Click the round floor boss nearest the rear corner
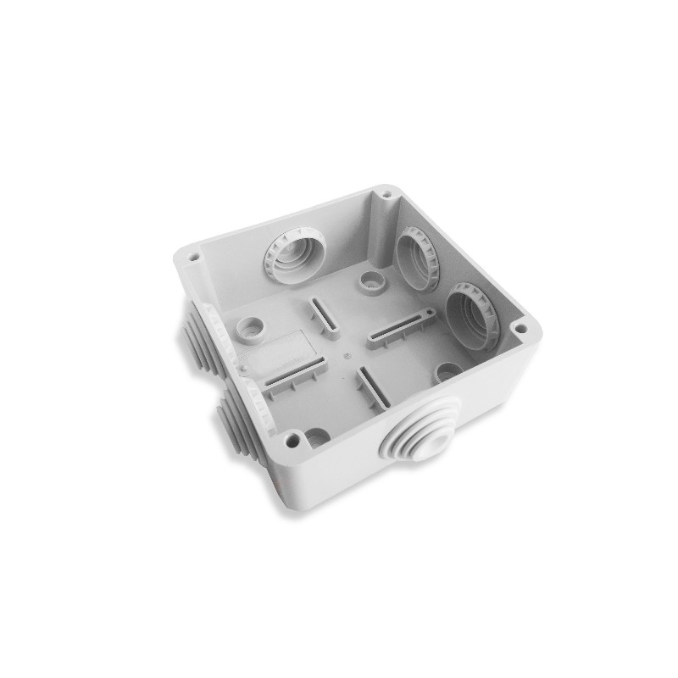(x=369, y=279)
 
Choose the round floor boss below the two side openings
(x=447, y=370)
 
